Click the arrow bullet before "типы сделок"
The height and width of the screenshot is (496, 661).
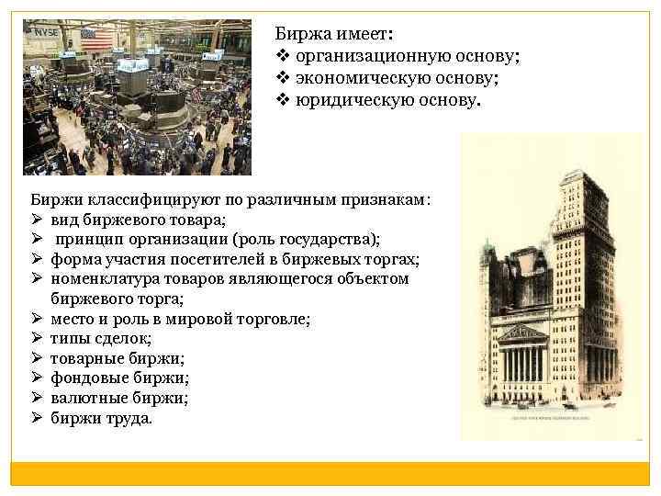[38, 339]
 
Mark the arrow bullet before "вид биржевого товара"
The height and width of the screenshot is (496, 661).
[38, 220]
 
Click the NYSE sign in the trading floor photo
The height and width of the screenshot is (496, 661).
[46, 32]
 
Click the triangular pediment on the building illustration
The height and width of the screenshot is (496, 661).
[522, 333]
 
